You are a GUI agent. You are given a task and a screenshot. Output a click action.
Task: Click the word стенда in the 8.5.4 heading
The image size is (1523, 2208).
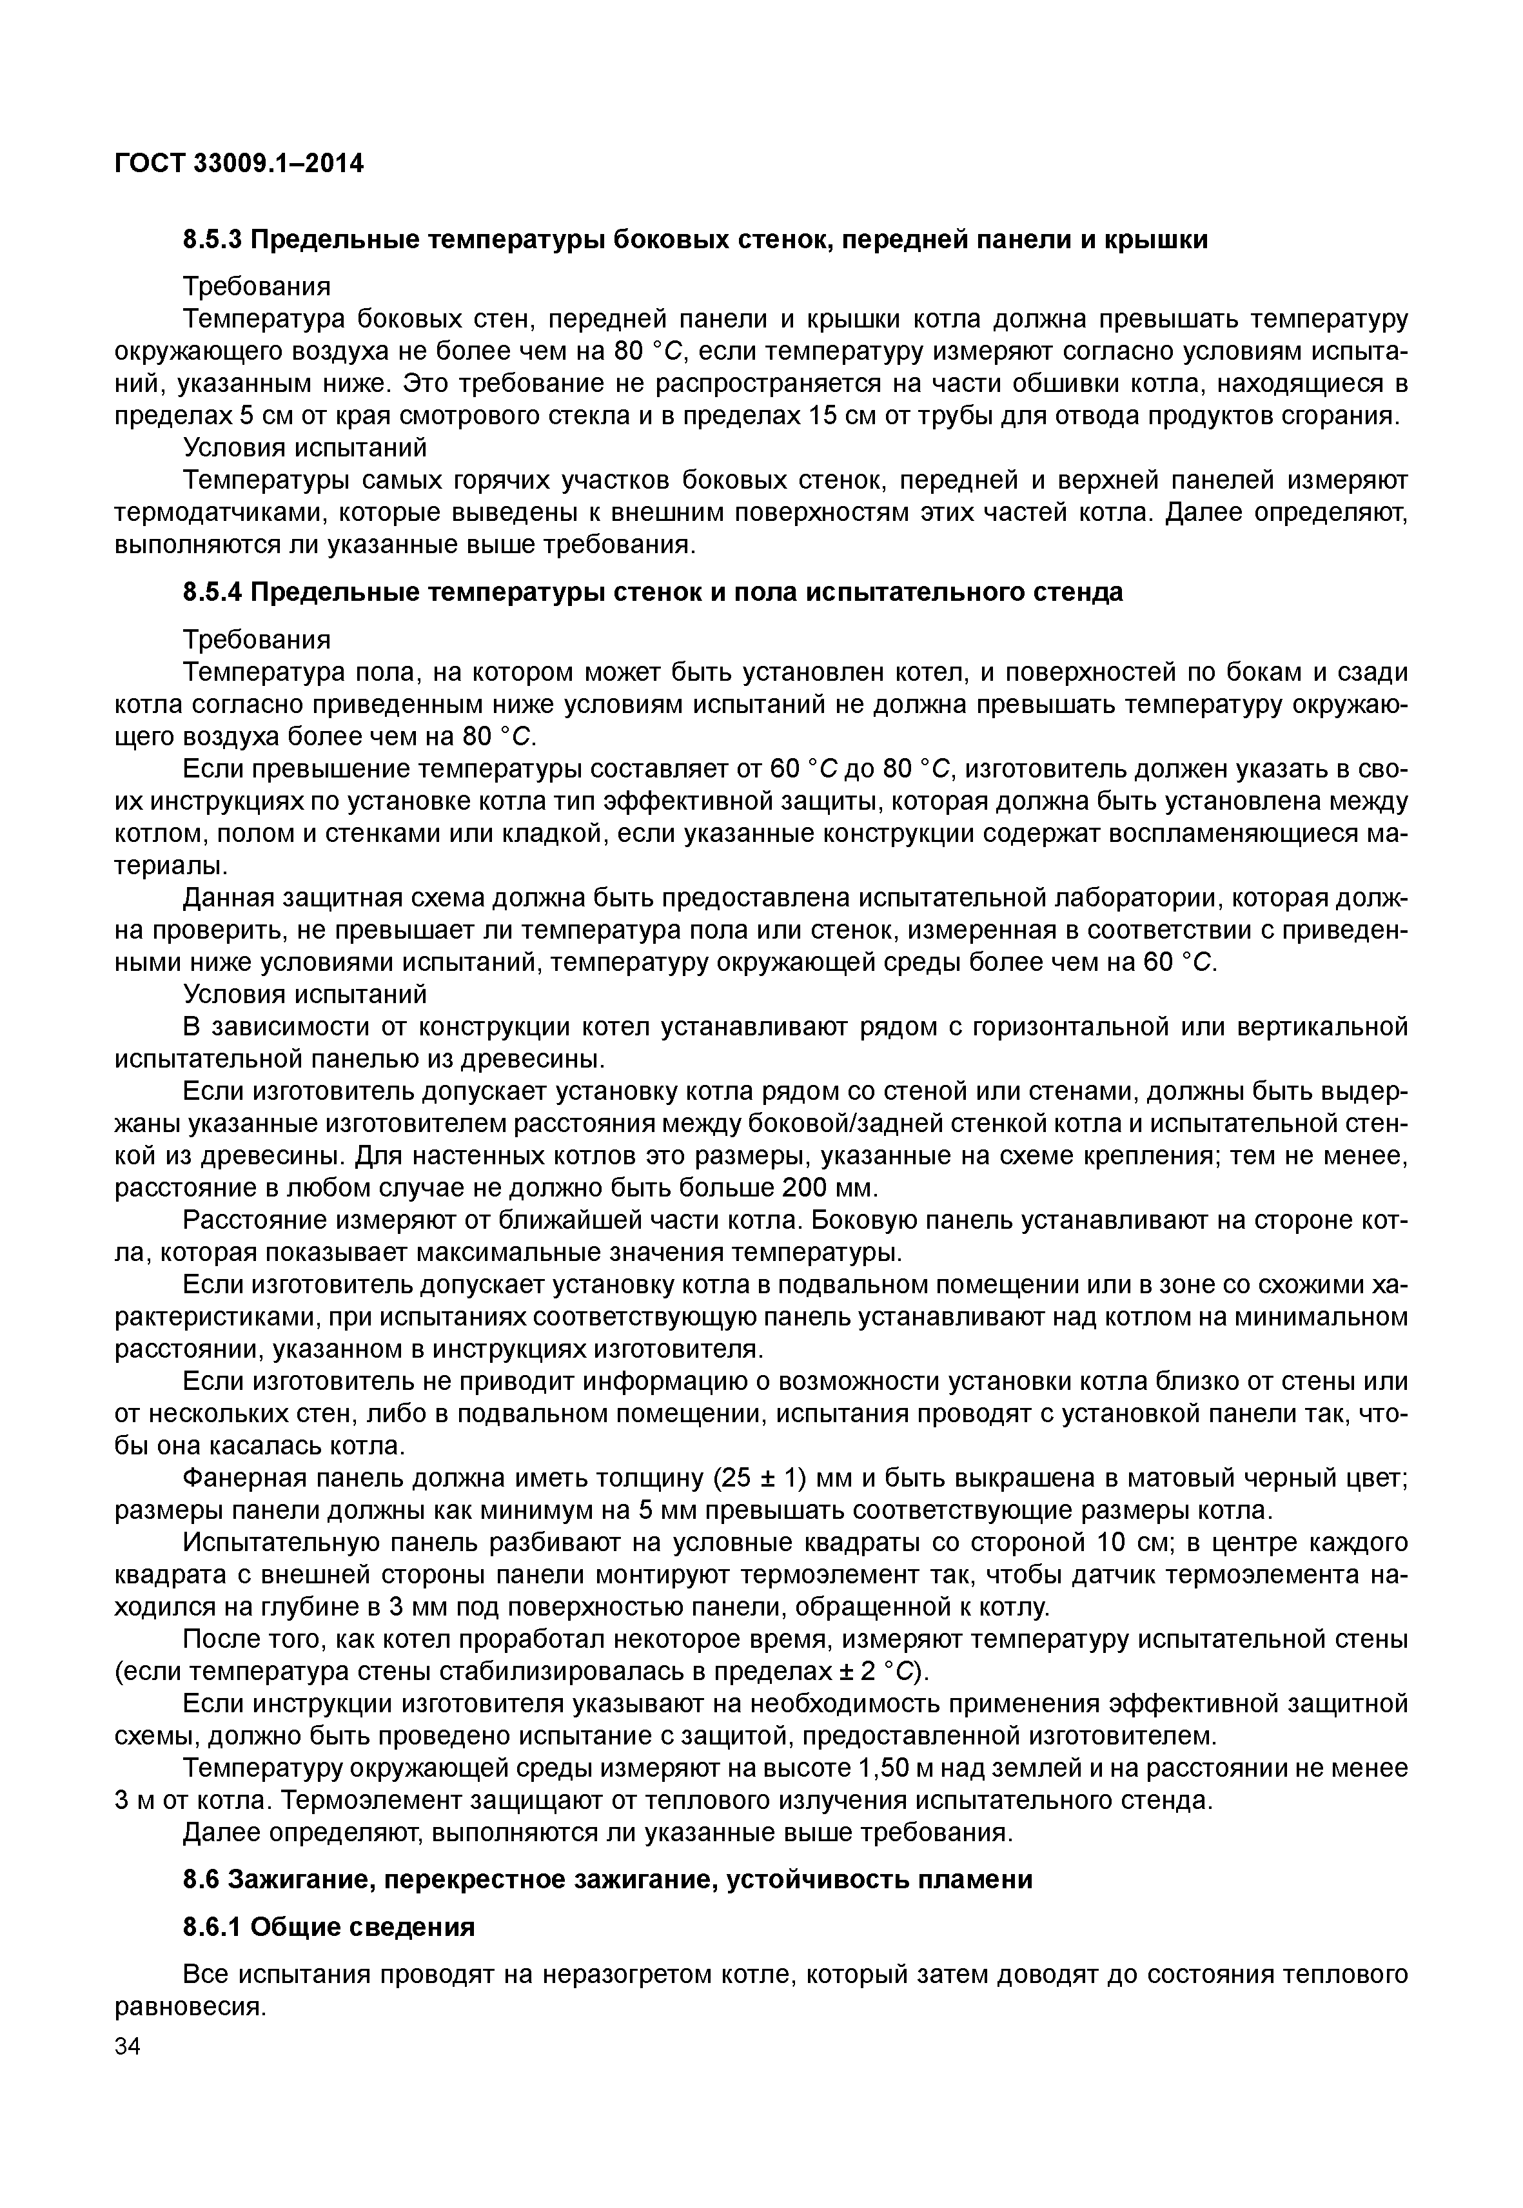pos(1079,592)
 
